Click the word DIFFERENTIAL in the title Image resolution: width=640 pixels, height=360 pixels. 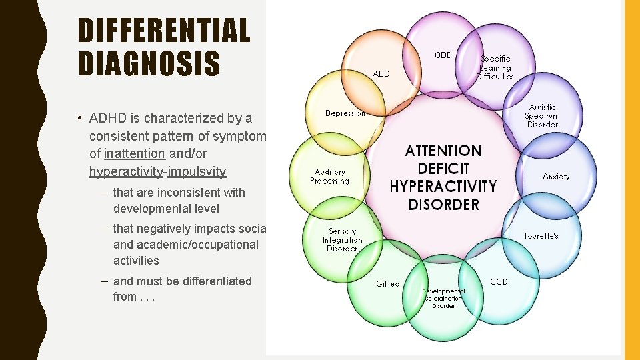pos(163,31)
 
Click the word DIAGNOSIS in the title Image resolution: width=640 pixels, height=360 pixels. pos(149,64)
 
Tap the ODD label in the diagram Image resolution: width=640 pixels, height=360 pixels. pos(443,55)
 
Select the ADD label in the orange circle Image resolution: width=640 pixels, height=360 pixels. pos(381,74)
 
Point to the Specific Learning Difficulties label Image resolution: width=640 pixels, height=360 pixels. pos(495,67)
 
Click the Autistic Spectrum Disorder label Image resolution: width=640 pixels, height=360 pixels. pos(542,116)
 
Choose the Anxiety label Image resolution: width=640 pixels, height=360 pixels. pos(556,177)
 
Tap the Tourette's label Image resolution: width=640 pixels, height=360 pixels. pos(541,236)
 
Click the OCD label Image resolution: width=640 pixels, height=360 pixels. pos(499,282)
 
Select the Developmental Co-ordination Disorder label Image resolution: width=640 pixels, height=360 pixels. pos(443,299)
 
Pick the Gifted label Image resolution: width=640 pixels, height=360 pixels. pos(388,284)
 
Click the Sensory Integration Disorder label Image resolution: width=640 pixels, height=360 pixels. pos(342,240)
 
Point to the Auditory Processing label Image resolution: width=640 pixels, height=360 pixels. pos(329,177)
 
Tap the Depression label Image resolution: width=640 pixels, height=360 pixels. pos(345,113)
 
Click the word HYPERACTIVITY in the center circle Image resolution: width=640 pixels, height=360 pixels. pos(443,187)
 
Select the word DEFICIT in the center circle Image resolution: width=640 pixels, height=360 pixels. pos(443,169)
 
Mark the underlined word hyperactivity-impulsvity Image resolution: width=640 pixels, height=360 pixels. pos(157,171)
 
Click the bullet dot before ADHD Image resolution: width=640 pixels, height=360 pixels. pos(79,119)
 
